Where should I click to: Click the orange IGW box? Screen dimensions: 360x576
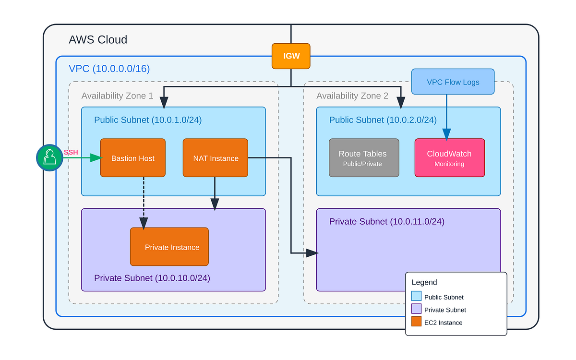291,56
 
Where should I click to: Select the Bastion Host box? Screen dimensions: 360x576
133,158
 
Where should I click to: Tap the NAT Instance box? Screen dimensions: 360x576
216,158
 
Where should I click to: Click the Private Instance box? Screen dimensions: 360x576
169,247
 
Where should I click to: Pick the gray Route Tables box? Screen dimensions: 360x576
364,158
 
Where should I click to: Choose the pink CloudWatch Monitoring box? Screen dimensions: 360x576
449,158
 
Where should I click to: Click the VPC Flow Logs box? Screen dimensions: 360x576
453,82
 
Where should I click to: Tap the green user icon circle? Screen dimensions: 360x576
49,158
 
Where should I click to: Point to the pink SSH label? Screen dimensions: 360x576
71,152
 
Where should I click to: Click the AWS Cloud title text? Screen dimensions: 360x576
98,39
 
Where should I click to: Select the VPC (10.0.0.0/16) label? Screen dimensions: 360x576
109,69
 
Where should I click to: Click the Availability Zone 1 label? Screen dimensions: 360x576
117,96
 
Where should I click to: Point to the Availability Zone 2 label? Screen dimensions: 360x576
352,96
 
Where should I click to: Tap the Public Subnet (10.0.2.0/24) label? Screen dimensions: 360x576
383,120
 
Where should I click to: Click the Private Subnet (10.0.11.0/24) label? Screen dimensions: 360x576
386,222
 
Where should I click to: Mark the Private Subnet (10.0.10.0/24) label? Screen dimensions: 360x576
152,278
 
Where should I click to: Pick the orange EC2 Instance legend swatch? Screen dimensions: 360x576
416,323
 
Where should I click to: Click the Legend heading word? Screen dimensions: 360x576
424,282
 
